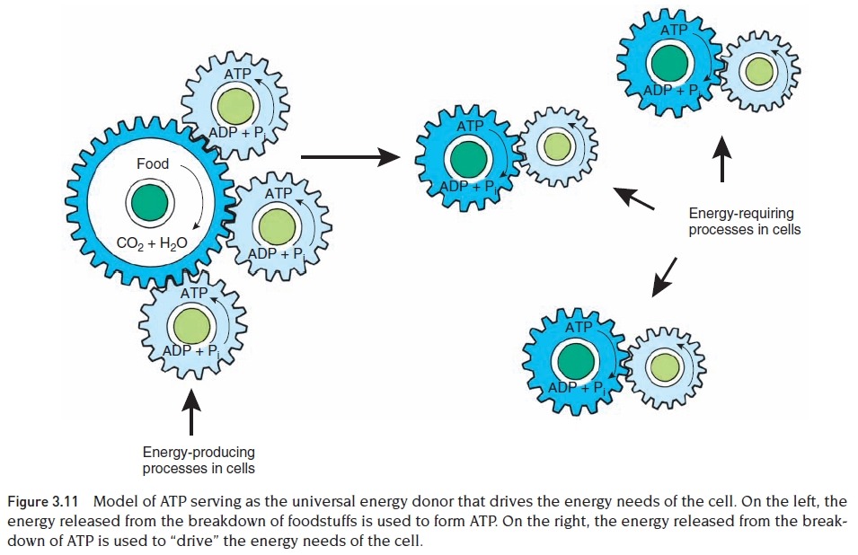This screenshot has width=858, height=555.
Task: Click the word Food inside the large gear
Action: point(152,164)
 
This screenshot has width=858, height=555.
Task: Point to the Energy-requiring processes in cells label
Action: point(744,222)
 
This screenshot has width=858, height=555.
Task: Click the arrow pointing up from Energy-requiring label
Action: point(721,158)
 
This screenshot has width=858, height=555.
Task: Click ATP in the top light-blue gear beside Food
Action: point(238,74)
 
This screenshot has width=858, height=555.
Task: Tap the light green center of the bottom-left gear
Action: point(192,323)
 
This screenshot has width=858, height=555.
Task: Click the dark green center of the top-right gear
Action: point(671,63)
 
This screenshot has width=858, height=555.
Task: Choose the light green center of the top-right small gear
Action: point(760,69)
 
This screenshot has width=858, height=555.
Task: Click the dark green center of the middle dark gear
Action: point(468,160)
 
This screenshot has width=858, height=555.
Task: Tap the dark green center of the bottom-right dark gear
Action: point(576,360)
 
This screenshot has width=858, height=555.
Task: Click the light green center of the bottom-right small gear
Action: point(665,366)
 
